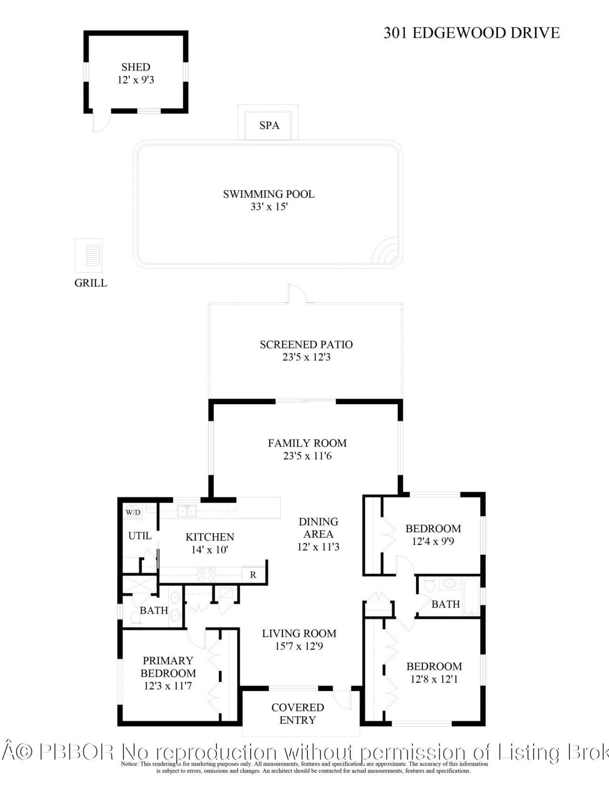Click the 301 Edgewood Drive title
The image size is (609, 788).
[471, 33]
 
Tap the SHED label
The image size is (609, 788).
[136, 67]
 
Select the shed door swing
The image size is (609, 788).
[100, 122]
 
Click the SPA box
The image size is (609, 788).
[269, 125]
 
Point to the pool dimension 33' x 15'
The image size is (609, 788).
[269, 207]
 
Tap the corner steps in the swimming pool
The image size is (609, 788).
[387, 253]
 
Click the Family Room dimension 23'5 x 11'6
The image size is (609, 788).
[307, 456]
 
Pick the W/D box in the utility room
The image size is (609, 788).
[133, 512]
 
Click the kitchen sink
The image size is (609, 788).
[187, 511]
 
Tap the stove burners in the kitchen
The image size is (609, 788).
[207, 575]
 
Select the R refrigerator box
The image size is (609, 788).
[253, 575]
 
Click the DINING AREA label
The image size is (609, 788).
[318, 528]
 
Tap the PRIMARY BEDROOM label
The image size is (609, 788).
[168, 667]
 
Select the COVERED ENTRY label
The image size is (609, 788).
[298, 713]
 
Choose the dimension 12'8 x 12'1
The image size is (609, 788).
[434, 679]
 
